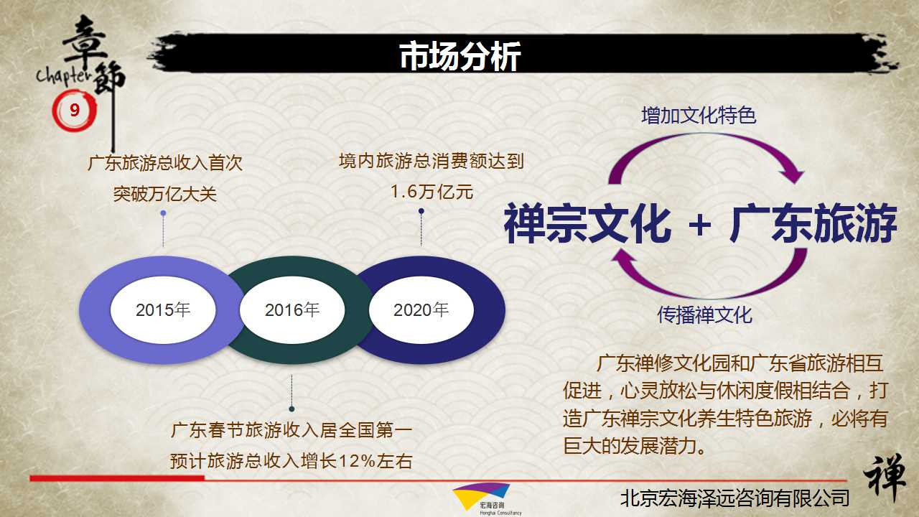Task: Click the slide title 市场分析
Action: [x=460, y=56]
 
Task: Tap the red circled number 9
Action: [x=74, y=110]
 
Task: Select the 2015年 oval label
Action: [x=163, y=309]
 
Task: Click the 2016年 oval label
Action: [x=292, y=309]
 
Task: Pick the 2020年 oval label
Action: [x=421, y=309]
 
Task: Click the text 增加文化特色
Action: [x=699, y=116]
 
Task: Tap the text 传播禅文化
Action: [x=705, y=315]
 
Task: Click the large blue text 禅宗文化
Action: [x=587, y=223]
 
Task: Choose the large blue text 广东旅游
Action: [x=813, y=223]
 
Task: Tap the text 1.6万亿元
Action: [x=431, y=192]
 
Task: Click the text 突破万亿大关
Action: [x=165, y=194]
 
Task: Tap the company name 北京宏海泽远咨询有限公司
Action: [x=734, y=498]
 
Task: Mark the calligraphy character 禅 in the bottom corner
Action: [x=885, y=478]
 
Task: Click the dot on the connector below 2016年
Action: [x=291, y=409]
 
